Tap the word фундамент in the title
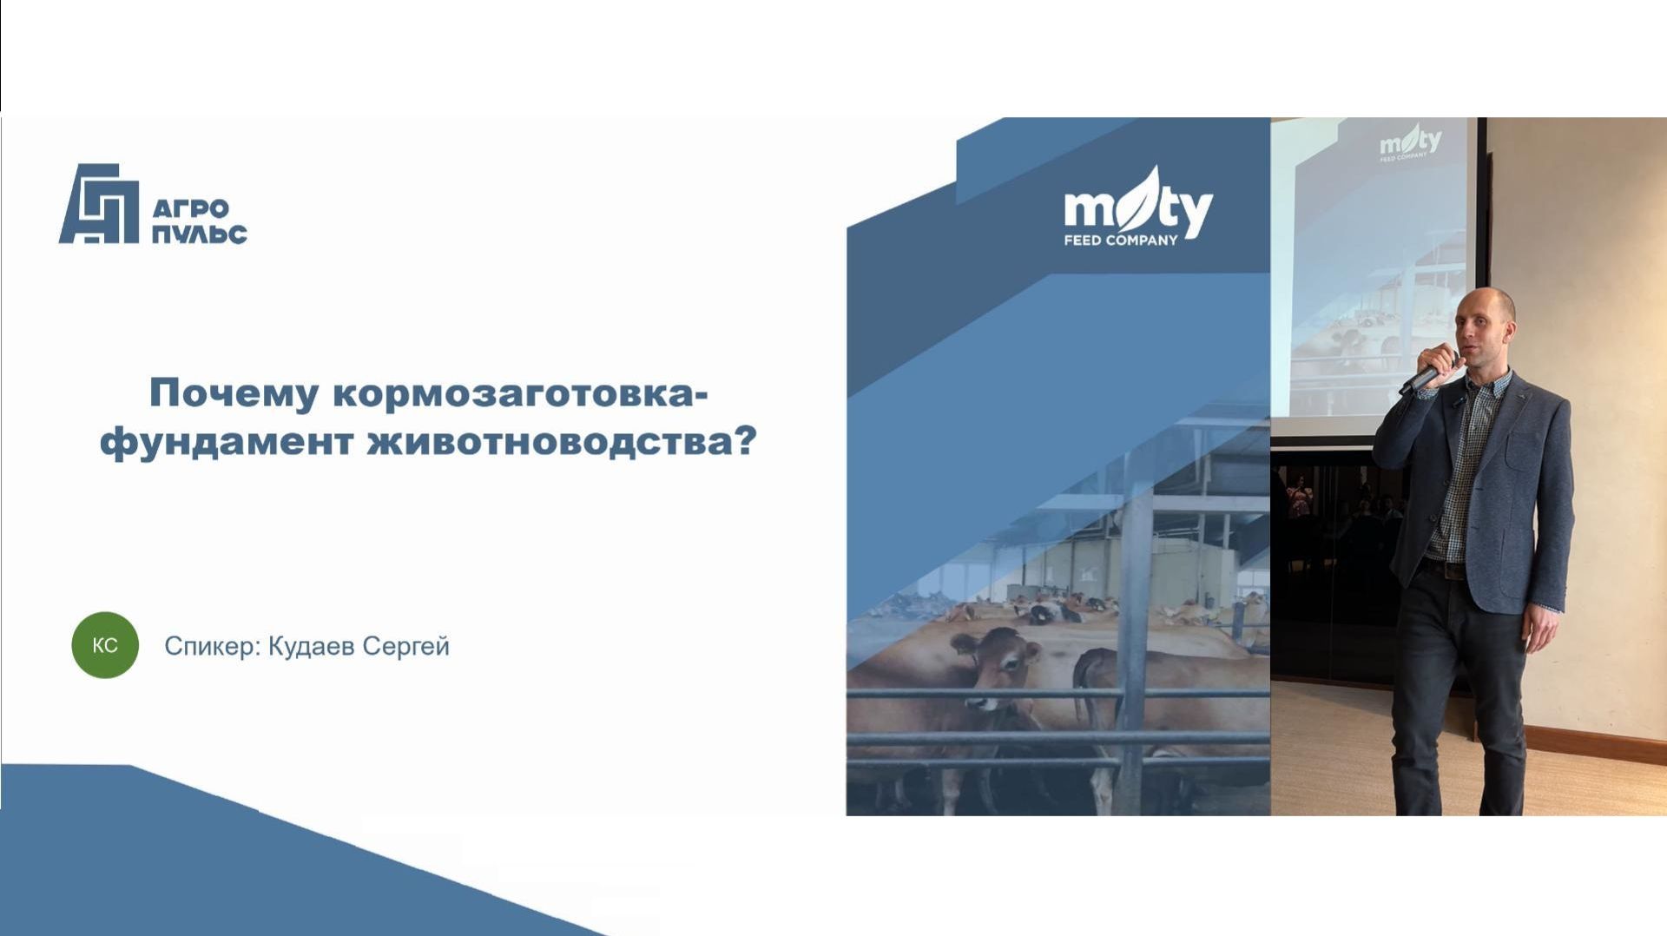[227, 442]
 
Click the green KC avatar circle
[105, 645]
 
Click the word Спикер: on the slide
[212, 647]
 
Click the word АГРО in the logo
[190, 209]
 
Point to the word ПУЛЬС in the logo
[200, 234]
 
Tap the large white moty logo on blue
[1137, 206]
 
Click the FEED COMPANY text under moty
[1120, 241]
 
